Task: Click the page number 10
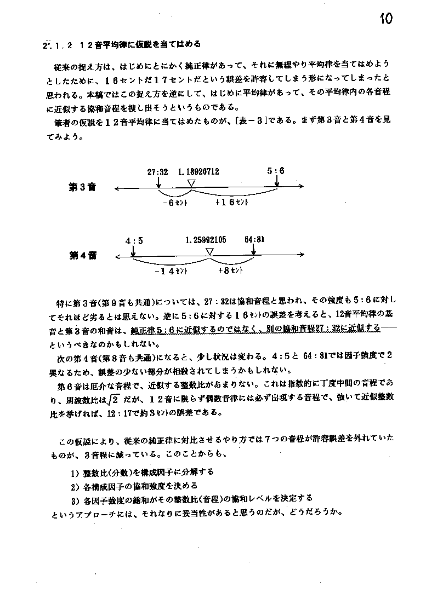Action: (385, 19)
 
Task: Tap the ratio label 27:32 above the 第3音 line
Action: (157, 171)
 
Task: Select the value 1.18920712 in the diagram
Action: (198, 171)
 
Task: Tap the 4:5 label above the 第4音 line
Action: (134, 241)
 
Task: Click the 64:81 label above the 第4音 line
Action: (255, 240)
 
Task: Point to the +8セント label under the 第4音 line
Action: (230, 270)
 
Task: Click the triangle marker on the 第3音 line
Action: (191, 183)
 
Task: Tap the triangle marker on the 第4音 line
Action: (209, 251)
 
